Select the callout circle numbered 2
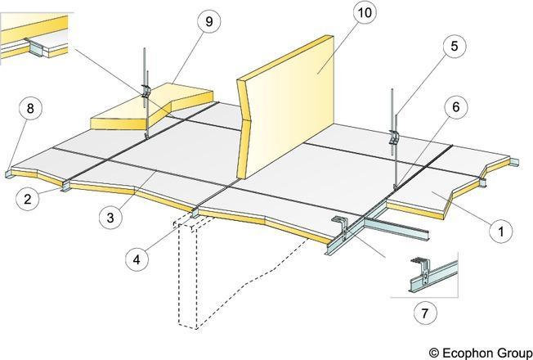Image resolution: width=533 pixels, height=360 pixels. [29, 198]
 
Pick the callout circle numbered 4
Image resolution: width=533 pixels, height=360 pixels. [138, 261]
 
